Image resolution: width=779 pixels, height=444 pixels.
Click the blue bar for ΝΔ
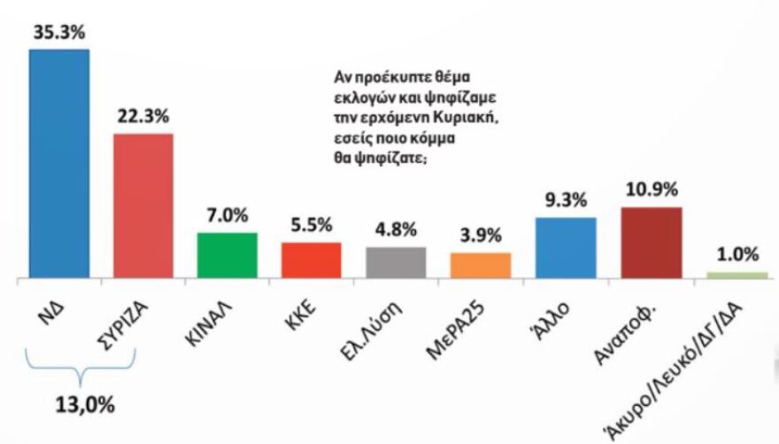click(x=59, y=164)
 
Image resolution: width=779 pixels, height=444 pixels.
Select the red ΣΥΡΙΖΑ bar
click(x=143, y=206)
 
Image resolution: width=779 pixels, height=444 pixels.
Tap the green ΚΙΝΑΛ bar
click(x=227, y=256)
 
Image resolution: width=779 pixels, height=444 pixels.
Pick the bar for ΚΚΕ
click(x=311, y=261)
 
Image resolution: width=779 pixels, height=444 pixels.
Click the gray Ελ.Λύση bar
click(x=396, y=263)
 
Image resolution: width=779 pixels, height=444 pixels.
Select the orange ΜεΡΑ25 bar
click(x=481, y=266)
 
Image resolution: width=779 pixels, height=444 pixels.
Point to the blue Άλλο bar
click(x=566, y=248)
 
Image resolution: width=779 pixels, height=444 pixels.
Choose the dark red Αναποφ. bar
click(x=651, y=243)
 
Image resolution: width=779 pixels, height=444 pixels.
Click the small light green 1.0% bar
click(x=737, y=276)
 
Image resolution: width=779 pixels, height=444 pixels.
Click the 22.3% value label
click(x=143, y=116)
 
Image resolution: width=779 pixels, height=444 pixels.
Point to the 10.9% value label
click(x=651, y=189)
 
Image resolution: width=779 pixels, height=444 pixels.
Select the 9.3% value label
click(x=566, y=199)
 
